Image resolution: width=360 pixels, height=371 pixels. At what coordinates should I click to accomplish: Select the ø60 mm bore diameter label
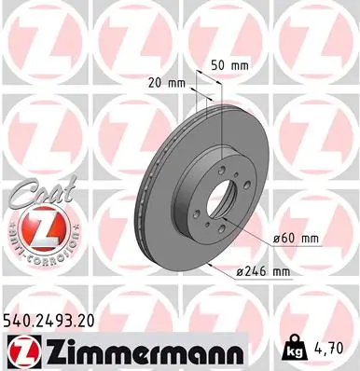point(296,238)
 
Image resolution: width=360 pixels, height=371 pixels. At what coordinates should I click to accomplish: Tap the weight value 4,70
point(337,350)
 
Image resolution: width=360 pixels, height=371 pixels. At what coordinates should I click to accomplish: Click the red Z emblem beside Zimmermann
point(21,350)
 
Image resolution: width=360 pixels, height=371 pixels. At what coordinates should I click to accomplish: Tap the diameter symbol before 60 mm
point(277,239)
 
